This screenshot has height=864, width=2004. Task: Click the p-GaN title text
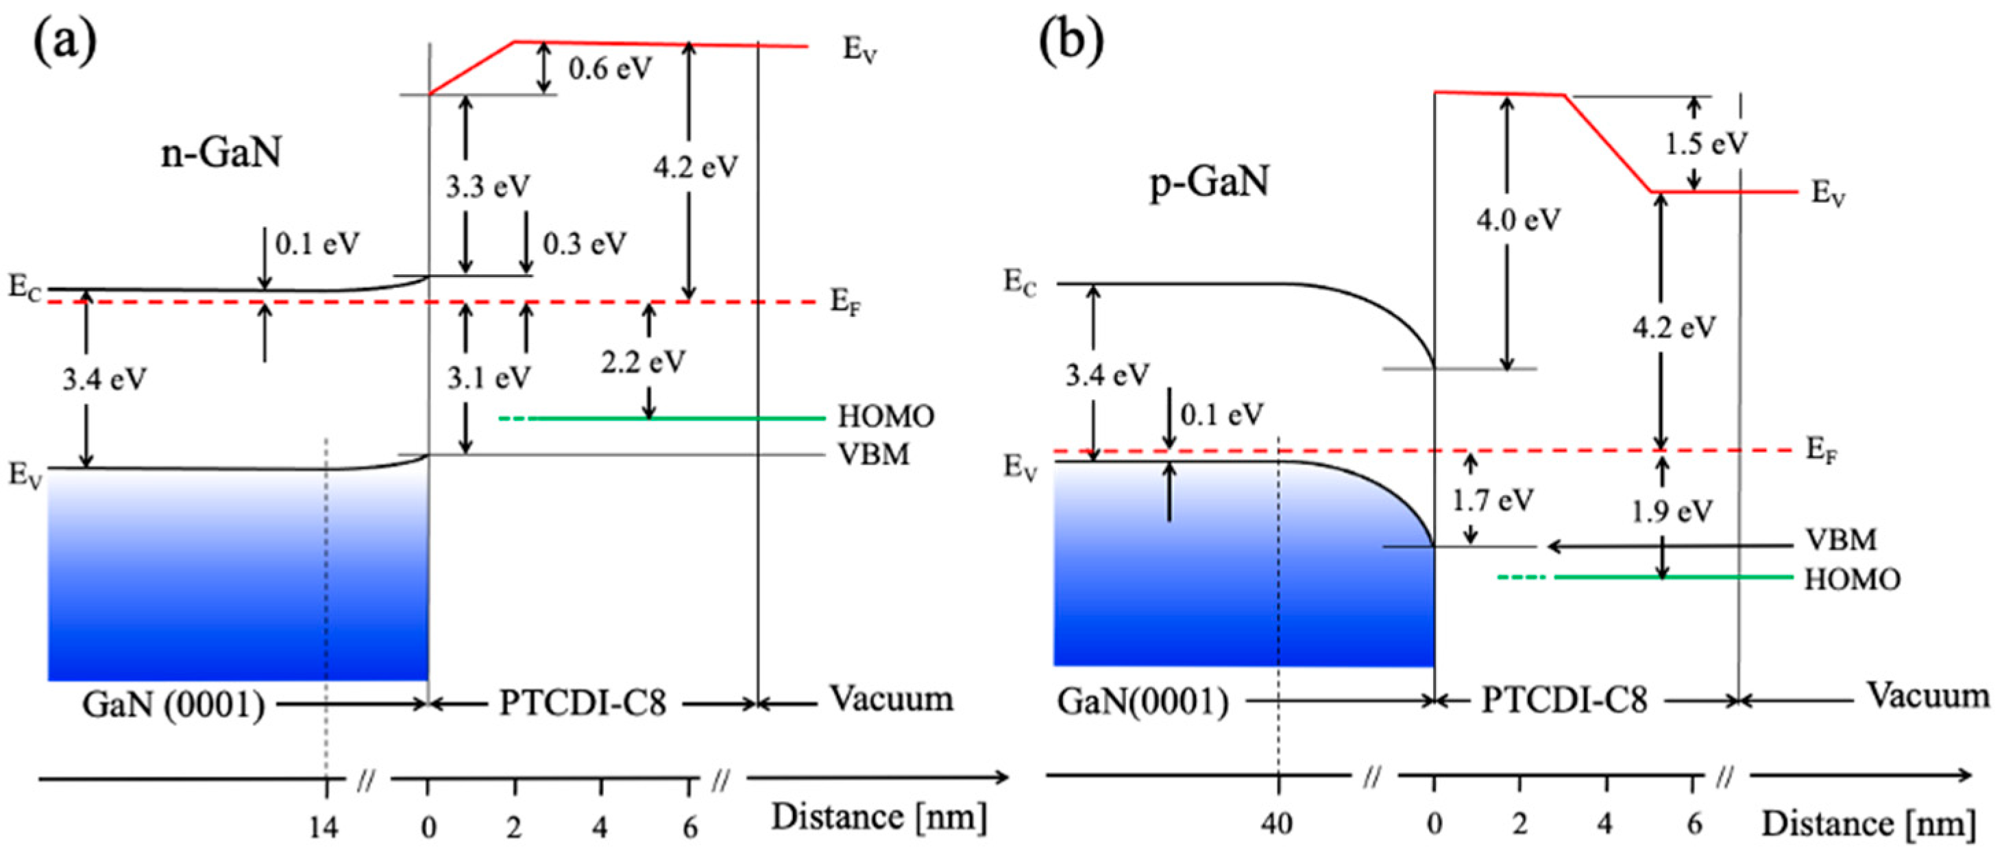(1210, 182)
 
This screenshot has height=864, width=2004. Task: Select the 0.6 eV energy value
(610, 69)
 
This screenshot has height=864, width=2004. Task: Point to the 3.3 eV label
(488, 187)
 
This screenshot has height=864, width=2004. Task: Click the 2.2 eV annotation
(643, 362)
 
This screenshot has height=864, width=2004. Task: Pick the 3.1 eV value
(489, 379)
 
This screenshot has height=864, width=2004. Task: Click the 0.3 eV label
(584, 244)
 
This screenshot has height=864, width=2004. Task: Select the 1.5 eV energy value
(1705, 144)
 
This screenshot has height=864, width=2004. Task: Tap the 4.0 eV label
(1519, 220)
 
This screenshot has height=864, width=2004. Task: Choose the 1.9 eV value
(1671, 512)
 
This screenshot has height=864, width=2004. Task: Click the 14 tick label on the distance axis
(323, 828)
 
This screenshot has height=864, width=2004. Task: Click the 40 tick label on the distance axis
(1278, 824)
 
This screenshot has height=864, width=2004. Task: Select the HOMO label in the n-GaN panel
(885, 417)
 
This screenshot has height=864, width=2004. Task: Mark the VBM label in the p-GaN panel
(1841, 540)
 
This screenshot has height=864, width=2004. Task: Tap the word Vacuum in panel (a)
(892, 699)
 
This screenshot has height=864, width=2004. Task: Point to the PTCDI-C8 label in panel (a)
(583, 704)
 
